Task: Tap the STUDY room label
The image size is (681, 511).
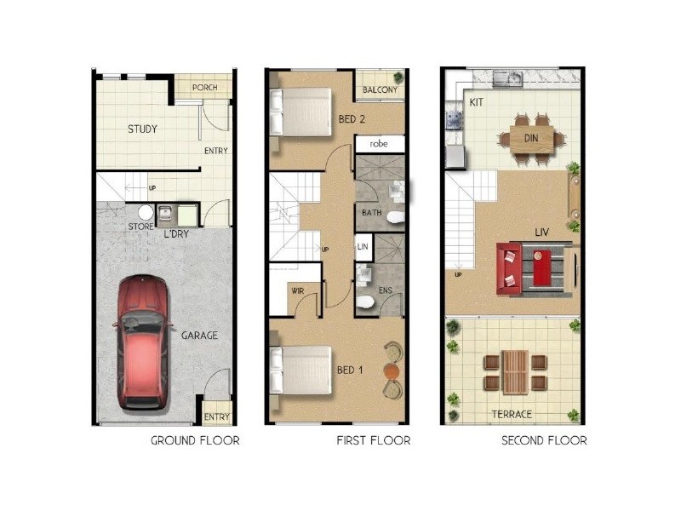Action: point(142,129)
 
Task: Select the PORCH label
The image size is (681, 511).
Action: point(204,88)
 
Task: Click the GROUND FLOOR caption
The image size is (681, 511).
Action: point(195,440)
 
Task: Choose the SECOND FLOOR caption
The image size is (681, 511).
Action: point(544,440)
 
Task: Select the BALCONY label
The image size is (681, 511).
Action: point(380,90)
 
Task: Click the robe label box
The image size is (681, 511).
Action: point(379,144)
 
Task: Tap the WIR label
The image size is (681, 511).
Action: point(298,290)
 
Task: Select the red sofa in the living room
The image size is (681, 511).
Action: point(510,267)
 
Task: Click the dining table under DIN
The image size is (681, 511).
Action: point(532,137)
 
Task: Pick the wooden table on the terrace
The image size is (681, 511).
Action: point(515,372)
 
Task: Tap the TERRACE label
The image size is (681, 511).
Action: point(512,414)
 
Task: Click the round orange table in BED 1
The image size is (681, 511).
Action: point(391,371)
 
